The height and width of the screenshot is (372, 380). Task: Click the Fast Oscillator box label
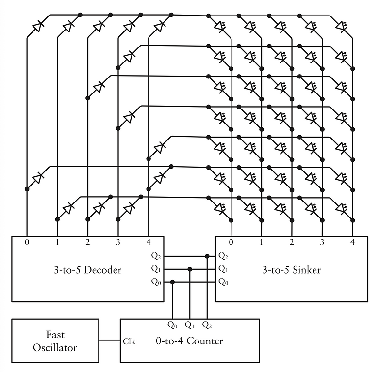pyautogui.click(x=55, y=341)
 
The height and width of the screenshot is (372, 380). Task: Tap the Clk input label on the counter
pyautogui.click(x=130, y=341)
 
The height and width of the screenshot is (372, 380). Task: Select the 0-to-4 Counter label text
pyautogui.click(x=190, y=341)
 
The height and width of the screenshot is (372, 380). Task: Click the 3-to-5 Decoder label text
pyautogui.click(x=87, y=270)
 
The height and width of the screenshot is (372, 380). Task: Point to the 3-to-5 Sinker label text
pyautogui.click(x=292, y=270)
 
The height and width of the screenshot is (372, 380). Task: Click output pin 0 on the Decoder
pyautogui.click(x=27, y=241)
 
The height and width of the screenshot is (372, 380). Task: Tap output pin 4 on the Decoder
pyautogui.click(x=148, y=241)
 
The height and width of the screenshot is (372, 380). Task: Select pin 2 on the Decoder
pyautogui.click(x=87, y=241)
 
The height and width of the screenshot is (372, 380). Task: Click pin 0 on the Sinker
pyautogui.click(x=231, y=241)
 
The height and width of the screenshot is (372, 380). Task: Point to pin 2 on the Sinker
pyautogui.click(x=291, y=241)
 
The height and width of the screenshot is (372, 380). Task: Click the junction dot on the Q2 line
pyautogui.click(x=207, y=256)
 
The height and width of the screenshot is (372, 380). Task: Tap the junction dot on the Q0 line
pyautogui.click(x=173, y=282)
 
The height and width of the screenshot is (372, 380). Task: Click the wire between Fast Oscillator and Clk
pyautogui.click(x=109, y=341)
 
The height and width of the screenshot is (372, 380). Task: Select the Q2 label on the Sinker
pyautogui.click(x=223, y=256)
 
